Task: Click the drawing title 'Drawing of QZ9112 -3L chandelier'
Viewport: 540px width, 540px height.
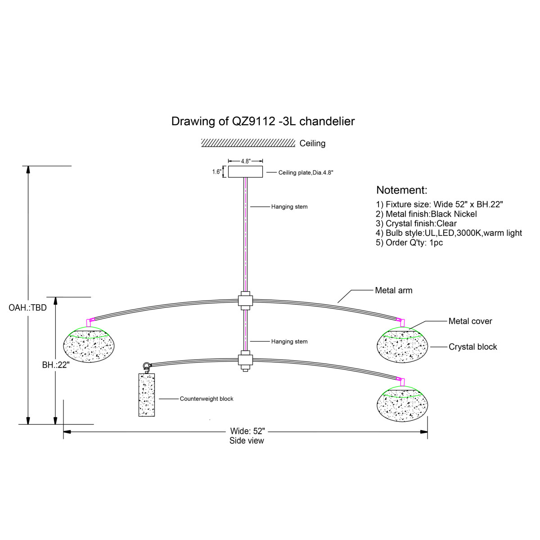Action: pyautogui.click(x=263, y=121)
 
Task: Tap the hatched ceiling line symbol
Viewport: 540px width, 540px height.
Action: pyautogui.click(x=248, y=143)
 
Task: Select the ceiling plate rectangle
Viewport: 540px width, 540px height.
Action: pyautogui.click(x=245, y=171)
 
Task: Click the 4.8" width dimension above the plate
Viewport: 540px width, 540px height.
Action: pyautogui.click(x=245, y=161)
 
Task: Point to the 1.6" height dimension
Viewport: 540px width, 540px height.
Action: pyautogui.click(x=217, y=171)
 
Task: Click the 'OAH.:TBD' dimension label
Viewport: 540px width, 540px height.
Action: pyautogui.click(x=27, y=308)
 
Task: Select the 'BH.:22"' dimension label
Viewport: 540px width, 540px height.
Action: pyautogui.click(x=55, y=365)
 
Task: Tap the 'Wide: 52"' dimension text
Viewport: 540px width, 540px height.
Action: pyautogui.click(x=247, y=432)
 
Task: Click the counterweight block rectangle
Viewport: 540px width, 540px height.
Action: pyautogui.click(x=147, y=395)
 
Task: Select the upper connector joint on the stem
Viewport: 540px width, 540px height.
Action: pyautogui.click(x=245, y=300)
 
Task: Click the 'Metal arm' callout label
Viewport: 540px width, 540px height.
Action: pyautogui.click(x=393, y=291)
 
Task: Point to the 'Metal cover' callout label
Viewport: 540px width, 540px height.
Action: pyautogui.click(x=470, y=321)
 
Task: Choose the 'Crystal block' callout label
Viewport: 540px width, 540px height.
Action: pyautogui.click(x=472, y=347)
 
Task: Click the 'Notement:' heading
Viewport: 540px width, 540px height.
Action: pyautogui.click(x=401, y=190)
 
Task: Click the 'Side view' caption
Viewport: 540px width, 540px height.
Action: pyautogui.click(x=247, y=441)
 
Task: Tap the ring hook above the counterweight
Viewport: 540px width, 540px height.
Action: pyautogui.click(x=146, y=366)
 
